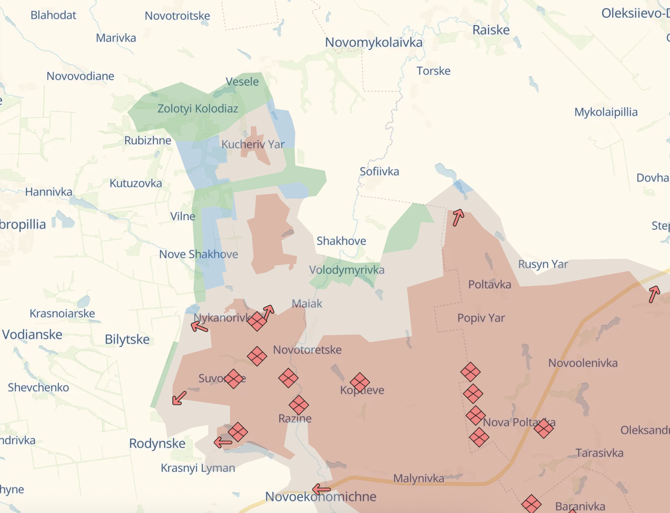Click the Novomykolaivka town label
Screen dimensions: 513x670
(x=374, y=43)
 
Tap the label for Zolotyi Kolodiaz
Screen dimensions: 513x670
(x=198, y=108)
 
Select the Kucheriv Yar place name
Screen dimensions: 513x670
(x=253, y=144)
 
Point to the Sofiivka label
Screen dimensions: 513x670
(x=379, y=172)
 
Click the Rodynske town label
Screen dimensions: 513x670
(x=157, y=444)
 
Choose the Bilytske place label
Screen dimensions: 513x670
(x=127, y=340)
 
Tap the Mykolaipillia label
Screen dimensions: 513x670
(x=606, y=112)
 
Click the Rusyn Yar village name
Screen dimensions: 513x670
(x=543, y=264)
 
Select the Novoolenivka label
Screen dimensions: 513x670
(x=582, y=363)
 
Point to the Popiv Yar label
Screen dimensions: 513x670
(x=481, y=318)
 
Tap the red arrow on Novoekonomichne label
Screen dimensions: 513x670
(x=321, y=489)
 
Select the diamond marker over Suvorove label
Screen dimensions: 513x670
(x=233, y=379)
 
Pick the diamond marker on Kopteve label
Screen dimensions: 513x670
(x=360, y=382)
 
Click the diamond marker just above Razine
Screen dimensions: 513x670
(x=299, y=405)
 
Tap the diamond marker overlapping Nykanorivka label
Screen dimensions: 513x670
(x=257, y=321)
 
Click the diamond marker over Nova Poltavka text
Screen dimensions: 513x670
(x=544, y=428)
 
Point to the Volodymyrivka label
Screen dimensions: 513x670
(x=347, y=270)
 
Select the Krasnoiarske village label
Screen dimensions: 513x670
(x=62, y=314)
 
